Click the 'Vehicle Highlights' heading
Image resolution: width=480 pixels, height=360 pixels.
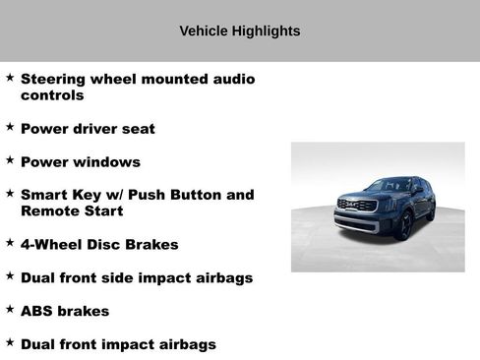(239, 31)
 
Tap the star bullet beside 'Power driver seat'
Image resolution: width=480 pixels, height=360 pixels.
(10, 127)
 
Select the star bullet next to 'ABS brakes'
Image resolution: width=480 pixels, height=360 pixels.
(10, 309)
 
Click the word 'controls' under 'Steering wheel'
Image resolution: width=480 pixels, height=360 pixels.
(52, 95)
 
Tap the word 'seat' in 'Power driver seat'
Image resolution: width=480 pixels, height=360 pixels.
(136, 129)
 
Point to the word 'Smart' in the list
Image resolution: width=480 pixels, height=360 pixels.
(45, 195)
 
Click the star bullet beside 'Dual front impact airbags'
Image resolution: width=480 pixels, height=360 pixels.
(10, 342)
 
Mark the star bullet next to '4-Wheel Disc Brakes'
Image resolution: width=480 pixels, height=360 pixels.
(10, 242)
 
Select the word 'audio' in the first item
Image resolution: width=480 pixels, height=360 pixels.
(227, 79)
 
